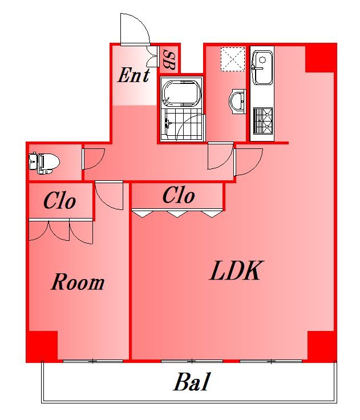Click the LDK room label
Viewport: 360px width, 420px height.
point(235,271)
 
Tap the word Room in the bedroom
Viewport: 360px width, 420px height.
point(78,282)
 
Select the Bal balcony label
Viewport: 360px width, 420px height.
point(191,382)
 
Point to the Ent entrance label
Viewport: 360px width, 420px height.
point(133,75)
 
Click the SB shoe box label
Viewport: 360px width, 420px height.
point(169,60)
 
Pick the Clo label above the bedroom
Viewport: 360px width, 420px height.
point(59,201)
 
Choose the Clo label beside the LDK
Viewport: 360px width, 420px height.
point(179,195)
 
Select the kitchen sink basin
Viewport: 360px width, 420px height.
point(263,67)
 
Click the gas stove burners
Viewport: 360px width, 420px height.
point(263,120)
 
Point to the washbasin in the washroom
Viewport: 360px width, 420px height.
point(237,101)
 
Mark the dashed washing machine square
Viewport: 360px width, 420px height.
point(233,59)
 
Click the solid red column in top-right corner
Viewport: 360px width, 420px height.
point(321,58)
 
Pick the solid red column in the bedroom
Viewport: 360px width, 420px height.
point(42,346)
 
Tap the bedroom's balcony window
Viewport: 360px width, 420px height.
point(92,361)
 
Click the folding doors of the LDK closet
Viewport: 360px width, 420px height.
point(177,213)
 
